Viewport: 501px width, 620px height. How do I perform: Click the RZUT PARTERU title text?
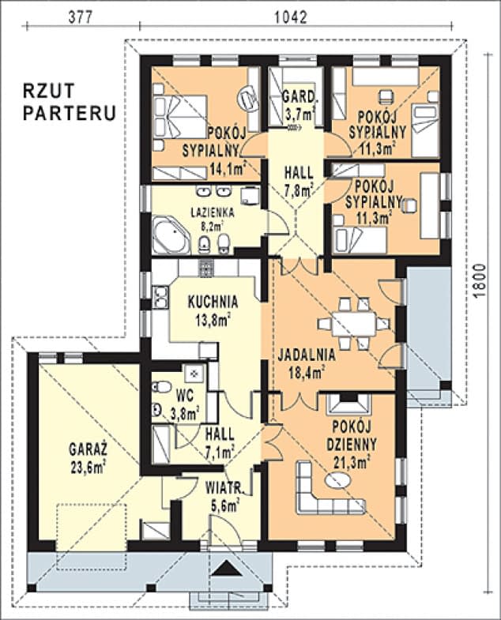point(70,100)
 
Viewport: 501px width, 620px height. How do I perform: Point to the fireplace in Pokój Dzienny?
point(345,404)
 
